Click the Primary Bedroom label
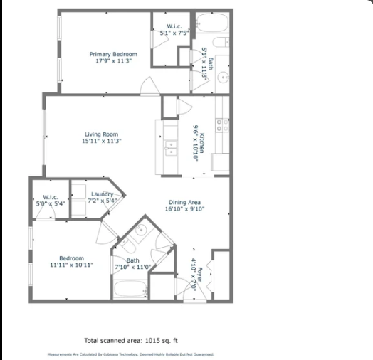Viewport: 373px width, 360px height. coord(113,54)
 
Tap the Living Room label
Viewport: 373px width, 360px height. coord(101,134)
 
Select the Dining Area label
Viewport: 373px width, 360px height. coord(184,202)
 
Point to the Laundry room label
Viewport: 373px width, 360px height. coord(103,194)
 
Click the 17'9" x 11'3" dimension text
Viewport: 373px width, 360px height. coord(113,61)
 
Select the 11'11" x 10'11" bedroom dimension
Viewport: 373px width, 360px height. coord(71,265)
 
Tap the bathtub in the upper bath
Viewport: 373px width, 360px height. coord(211,23)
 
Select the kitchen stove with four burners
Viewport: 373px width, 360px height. coord(222,125)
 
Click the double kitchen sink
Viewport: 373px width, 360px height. coord(170,148)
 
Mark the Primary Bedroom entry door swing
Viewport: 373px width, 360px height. coord(150,88)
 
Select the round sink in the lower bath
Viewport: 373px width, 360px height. coord(141,230)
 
